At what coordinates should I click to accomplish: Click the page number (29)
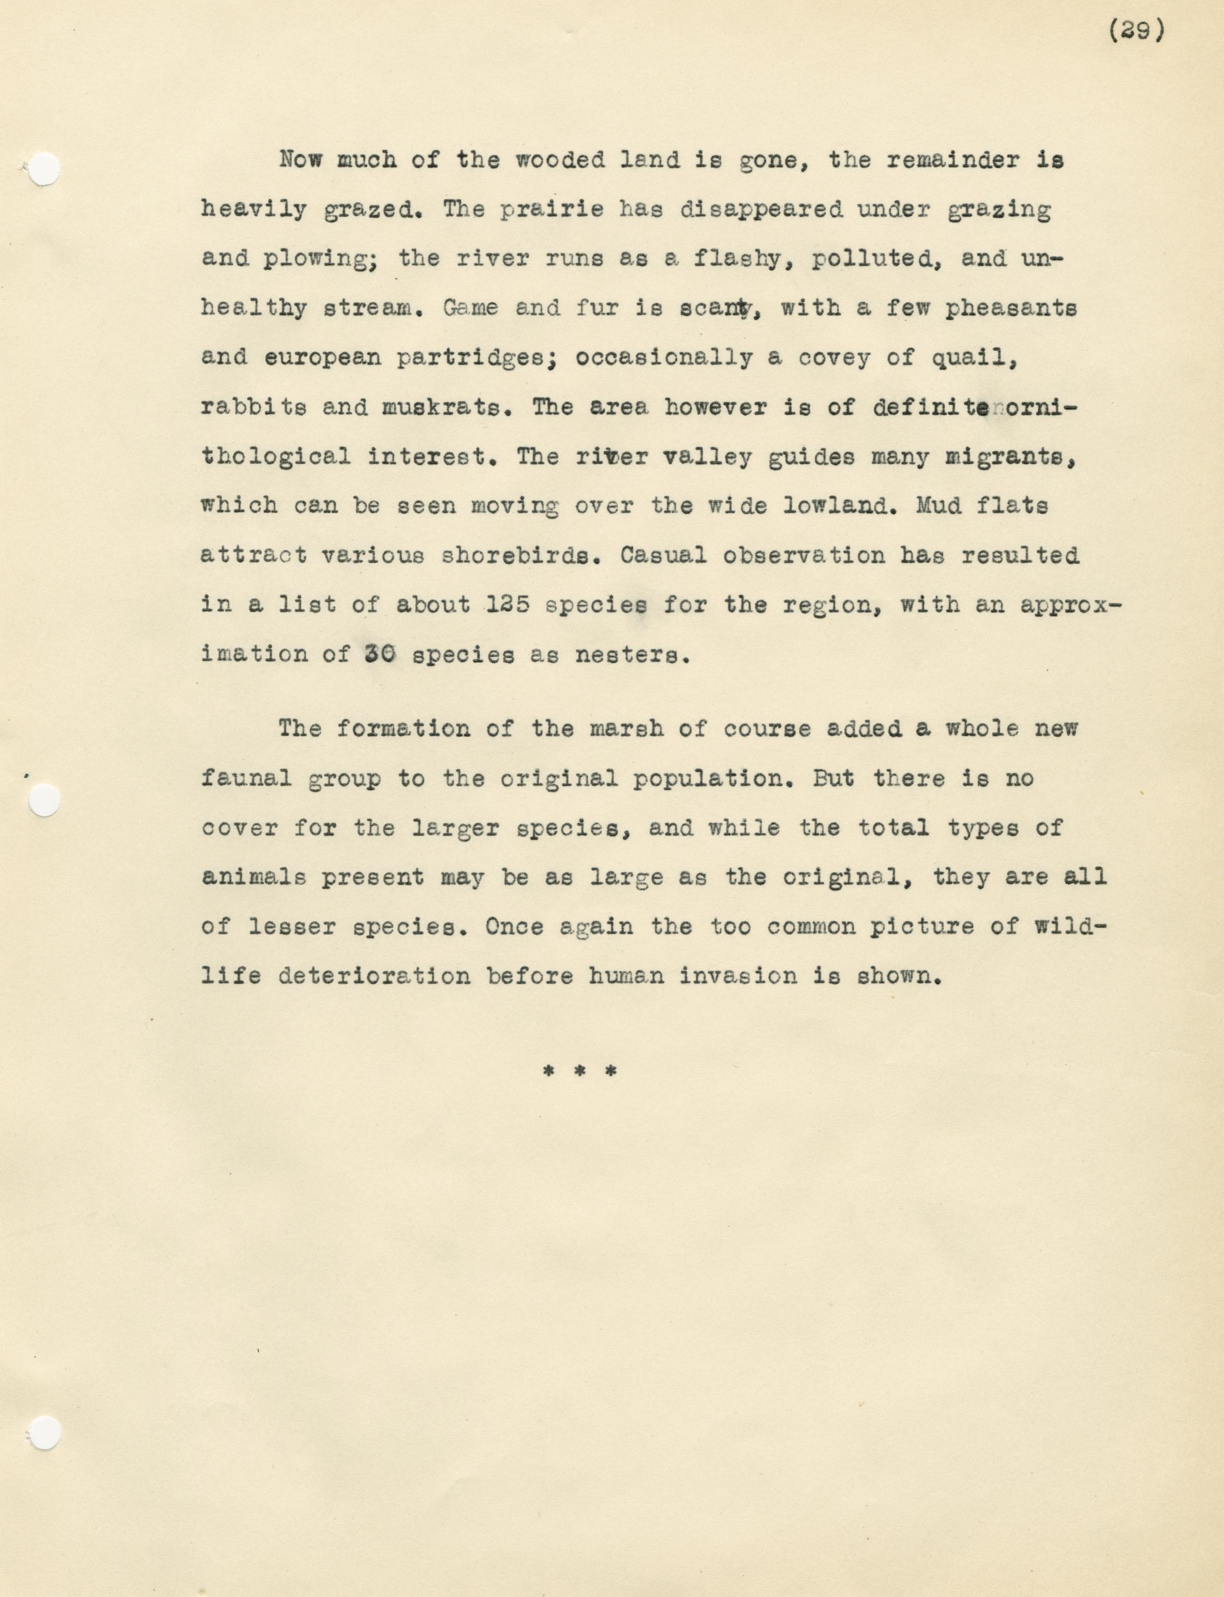[x=1137, y=31]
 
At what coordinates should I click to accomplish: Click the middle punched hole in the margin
[x=44, y=800]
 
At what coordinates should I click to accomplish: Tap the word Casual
[x=663, y=556]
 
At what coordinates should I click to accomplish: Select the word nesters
[x=631, y=655]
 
